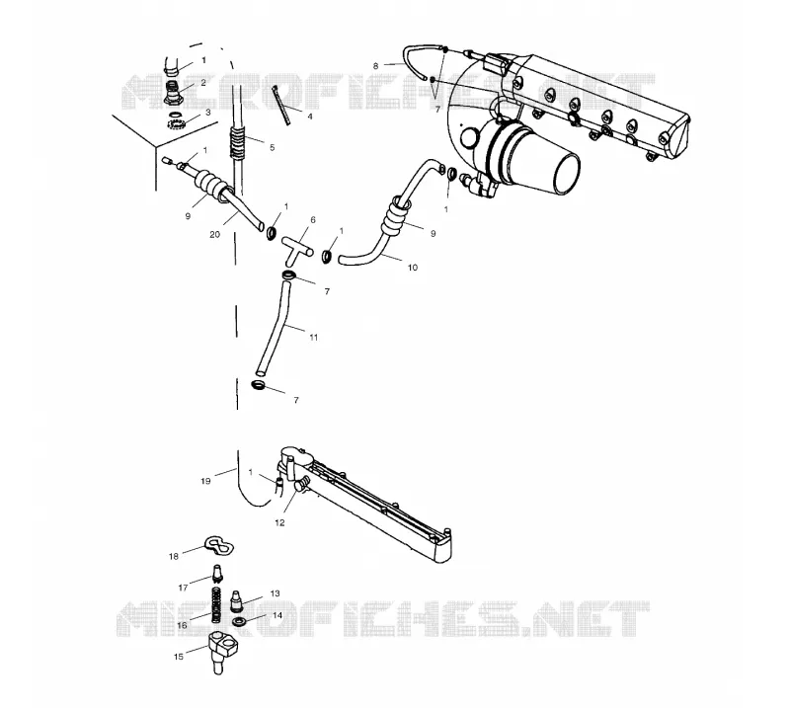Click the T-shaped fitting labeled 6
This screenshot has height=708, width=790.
[297, 249]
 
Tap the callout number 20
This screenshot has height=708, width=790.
[214, 234]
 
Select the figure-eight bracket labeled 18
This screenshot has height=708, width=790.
[219, 545]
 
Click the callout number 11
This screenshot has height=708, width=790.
[313, 338]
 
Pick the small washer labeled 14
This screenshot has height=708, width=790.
[239, 621]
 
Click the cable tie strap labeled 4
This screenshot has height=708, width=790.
[281, 105]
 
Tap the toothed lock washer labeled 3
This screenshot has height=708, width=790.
[176, 120]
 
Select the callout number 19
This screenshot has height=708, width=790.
[205, 481]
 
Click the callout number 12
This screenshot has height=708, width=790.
[279, 523]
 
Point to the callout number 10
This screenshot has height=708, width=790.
[412, 268]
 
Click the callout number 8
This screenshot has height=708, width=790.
[375, 66]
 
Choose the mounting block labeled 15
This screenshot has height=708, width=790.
[221, 652]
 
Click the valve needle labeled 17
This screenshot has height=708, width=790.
[217, 575]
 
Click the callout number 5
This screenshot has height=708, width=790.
[273, 148]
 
